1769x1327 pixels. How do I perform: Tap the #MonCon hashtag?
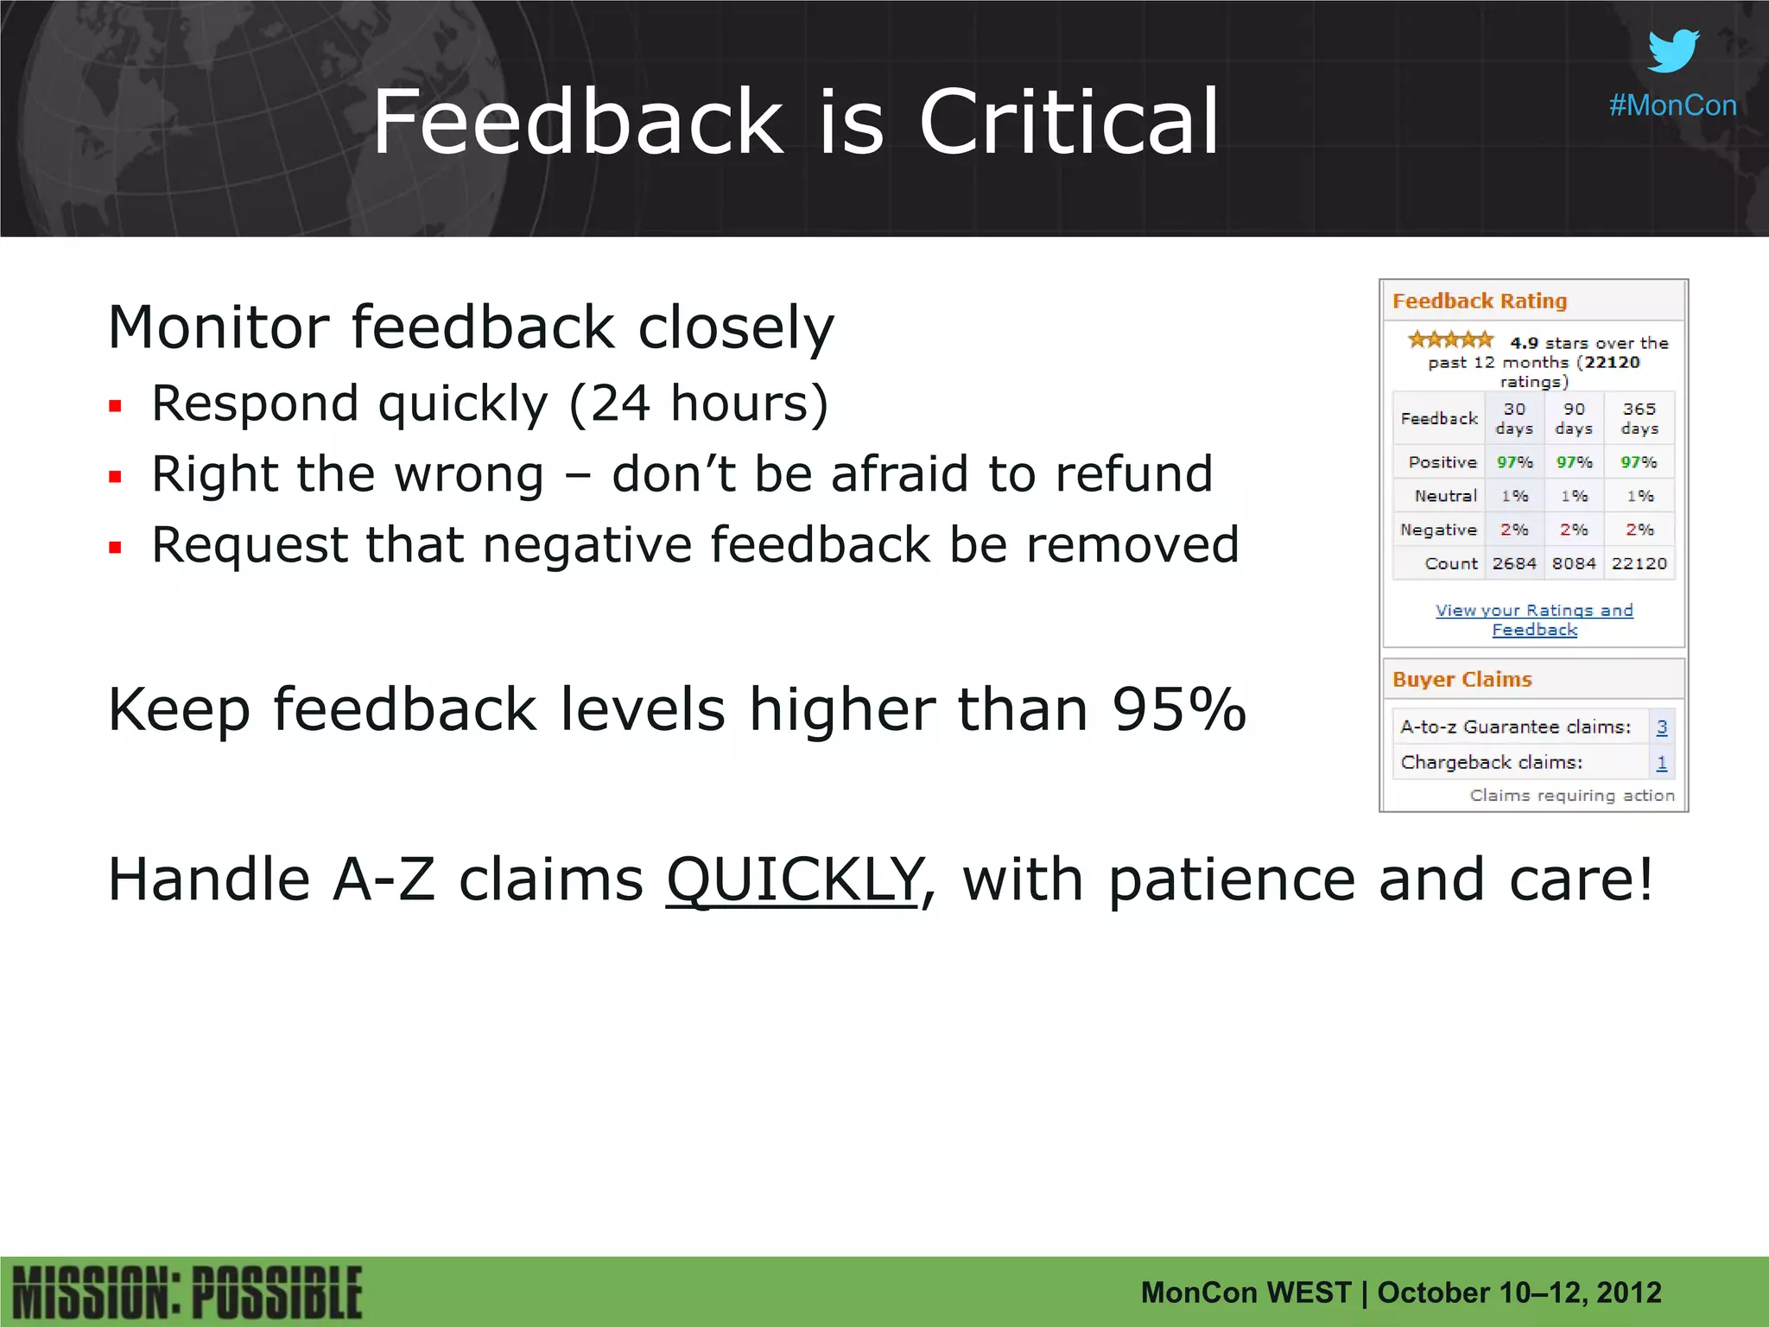1672,105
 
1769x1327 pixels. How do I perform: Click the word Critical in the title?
1068,123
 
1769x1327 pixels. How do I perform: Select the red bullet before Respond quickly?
116,405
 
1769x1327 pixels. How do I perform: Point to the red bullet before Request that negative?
116,547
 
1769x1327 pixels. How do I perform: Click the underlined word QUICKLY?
794,880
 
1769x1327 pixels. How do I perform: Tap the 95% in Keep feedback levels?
1179,709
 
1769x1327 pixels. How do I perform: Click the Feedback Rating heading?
1479,301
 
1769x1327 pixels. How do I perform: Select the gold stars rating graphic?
1450,340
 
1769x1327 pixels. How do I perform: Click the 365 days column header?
1639,418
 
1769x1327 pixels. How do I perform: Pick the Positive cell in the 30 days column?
1514,462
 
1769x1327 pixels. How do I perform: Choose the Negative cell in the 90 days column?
1573,530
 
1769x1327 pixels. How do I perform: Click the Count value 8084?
1573,563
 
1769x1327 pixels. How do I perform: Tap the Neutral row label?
1445,496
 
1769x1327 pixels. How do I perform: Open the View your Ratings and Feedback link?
1534,619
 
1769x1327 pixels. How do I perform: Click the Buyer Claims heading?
1461,679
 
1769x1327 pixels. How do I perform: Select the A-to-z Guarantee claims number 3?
1661,727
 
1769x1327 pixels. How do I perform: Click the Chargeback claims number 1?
1661,763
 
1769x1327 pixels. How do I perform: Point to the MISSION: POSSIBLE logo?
187,1293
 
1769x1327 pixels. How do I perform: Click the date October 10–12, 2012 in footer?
1519,1292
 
